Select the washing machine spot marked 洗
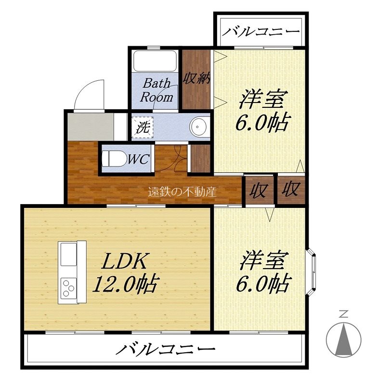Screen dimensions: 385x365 point(143,128)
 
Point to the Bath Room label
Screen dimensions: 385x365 point(156,90)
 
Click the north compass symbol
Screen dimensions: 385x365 point(343,337)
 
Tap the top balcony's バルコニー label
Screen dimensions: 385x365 point(261,32)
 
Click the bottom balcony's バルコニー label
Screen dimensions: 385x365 point(165,349)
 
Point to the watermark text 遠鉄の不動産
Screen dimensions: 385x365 point(182,192)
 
